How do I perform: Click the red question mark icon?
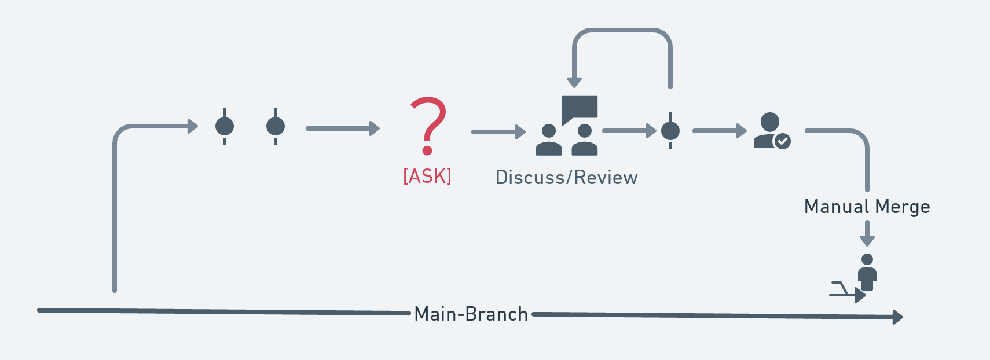pyautogui.click(x=428, y=124)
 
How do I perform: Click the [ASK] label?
pyautogui.click(x=427, y=176)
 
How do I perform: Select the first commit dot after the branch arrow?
pyautogui.click(x=225, y=126)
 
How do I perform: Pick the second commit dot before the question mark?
pyautogui.click(x=276, y=126)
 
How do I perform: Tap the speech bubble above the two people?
pyautogui.click(x=580, y=108)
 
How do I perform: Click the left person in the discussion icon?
pyautogui.click(x=549, y=141)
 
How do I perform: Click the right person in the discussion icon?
pyautogui.click(x=585, y=141)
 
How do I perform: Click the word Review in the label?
pyautogui.click(x=606, y=178)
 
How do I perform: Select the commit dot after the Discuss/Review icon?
pyautogui.click(x=670, y=131)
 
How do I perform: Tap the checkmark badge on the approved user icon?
pyautogui.click(x=783, y=141)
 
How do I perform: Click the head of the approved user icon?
pyautogui.click(x=769, y=122)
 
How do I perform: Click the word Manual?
pyautogui.click(x=837, y=207)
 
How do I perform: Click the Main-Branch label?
pyautogui.click(x=471, y=314)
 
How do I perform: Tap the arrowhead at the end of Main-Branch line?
pyautogui.click(x=898, y=317)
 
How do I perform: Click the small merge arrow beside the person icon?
pyautogui.click(x=848, y=292)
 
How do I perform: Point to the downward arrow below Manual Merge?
pyautogui.click(x=867, y=234)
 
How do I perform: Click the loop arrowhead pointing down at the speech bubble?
pyautogui.click(x=574, y=82)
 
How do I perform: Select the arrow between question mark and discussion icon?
pyautogui.click(x=498, y=132)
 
